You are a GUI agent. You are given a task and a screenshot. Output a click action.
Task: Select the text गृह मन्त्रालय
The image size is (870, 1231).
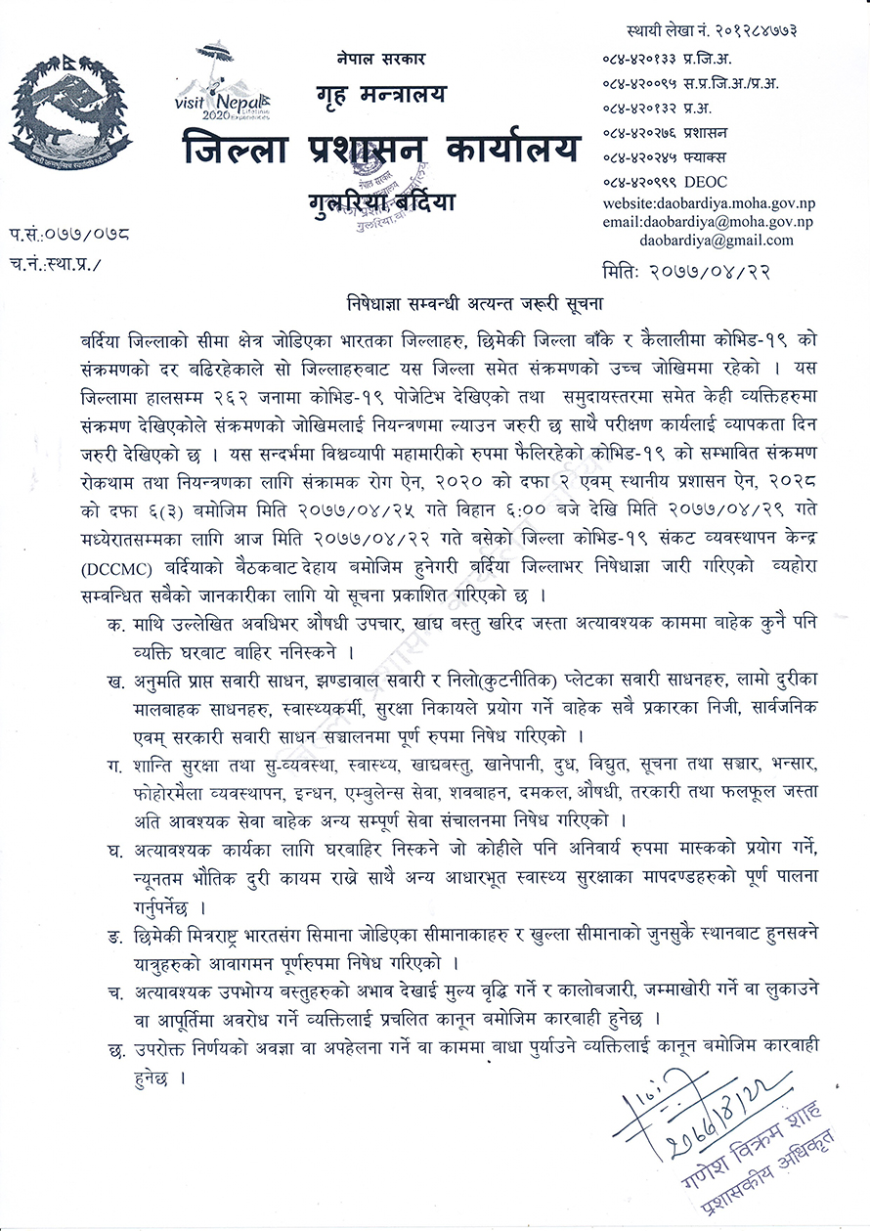(x=380, y=97)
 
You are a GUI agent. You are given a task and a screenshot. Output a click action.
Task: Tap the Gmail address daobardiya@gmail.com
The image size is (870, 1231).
(x=717, y=240)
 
